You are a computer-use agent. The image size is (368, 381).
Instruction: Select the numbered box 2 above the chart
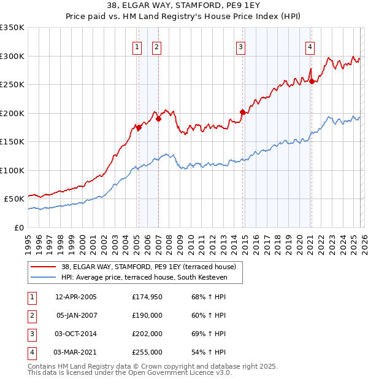(x=156, y=47)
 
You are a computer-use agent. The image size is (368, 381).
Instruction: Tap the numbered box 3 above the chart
(x=241, y=47)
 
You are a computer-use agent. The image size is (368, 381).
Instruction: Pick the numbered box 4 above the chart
(x=310, y=47)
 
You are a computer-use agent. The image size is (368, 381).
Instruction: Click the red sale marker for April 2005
(x=139, y=127)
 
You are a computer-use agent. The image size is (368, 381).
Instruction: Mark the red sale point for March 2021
(x=312, y=81)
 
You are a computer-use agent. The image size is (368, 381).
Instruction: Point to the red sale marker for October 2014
(x=242, y=112)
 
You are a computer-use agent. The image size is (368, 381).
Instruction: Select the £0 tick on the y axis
(x=18, y=227)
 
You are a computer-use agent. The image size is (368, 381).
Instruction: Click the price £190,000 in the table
(x=147, y=315)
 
